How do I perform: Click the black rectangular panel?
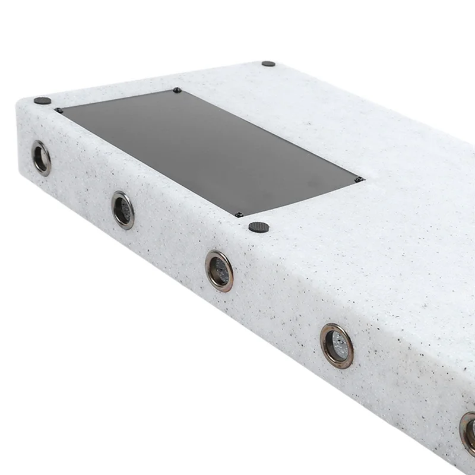tap(208, 151)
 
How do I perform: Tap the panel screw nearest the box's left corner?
tap(58, 110)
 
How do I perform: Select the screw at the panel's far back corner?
tap(176, 90)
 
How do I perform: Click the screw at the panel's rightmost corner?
tap(357, 179)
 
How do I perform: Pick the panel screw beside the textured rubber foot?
tap(238, 215)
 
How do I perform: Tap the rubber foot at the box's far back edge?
tap(268, 64)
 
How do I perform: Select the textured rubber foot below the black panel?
tap(258, 226)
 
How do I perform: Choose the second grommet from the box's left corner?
tap(123, 210)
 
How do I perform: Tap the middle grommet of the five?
tap(219, 270)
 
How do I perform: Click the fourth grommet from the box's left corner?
tap(337, 346)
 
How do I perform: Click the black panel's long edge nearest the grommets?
tap(148, 163)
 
